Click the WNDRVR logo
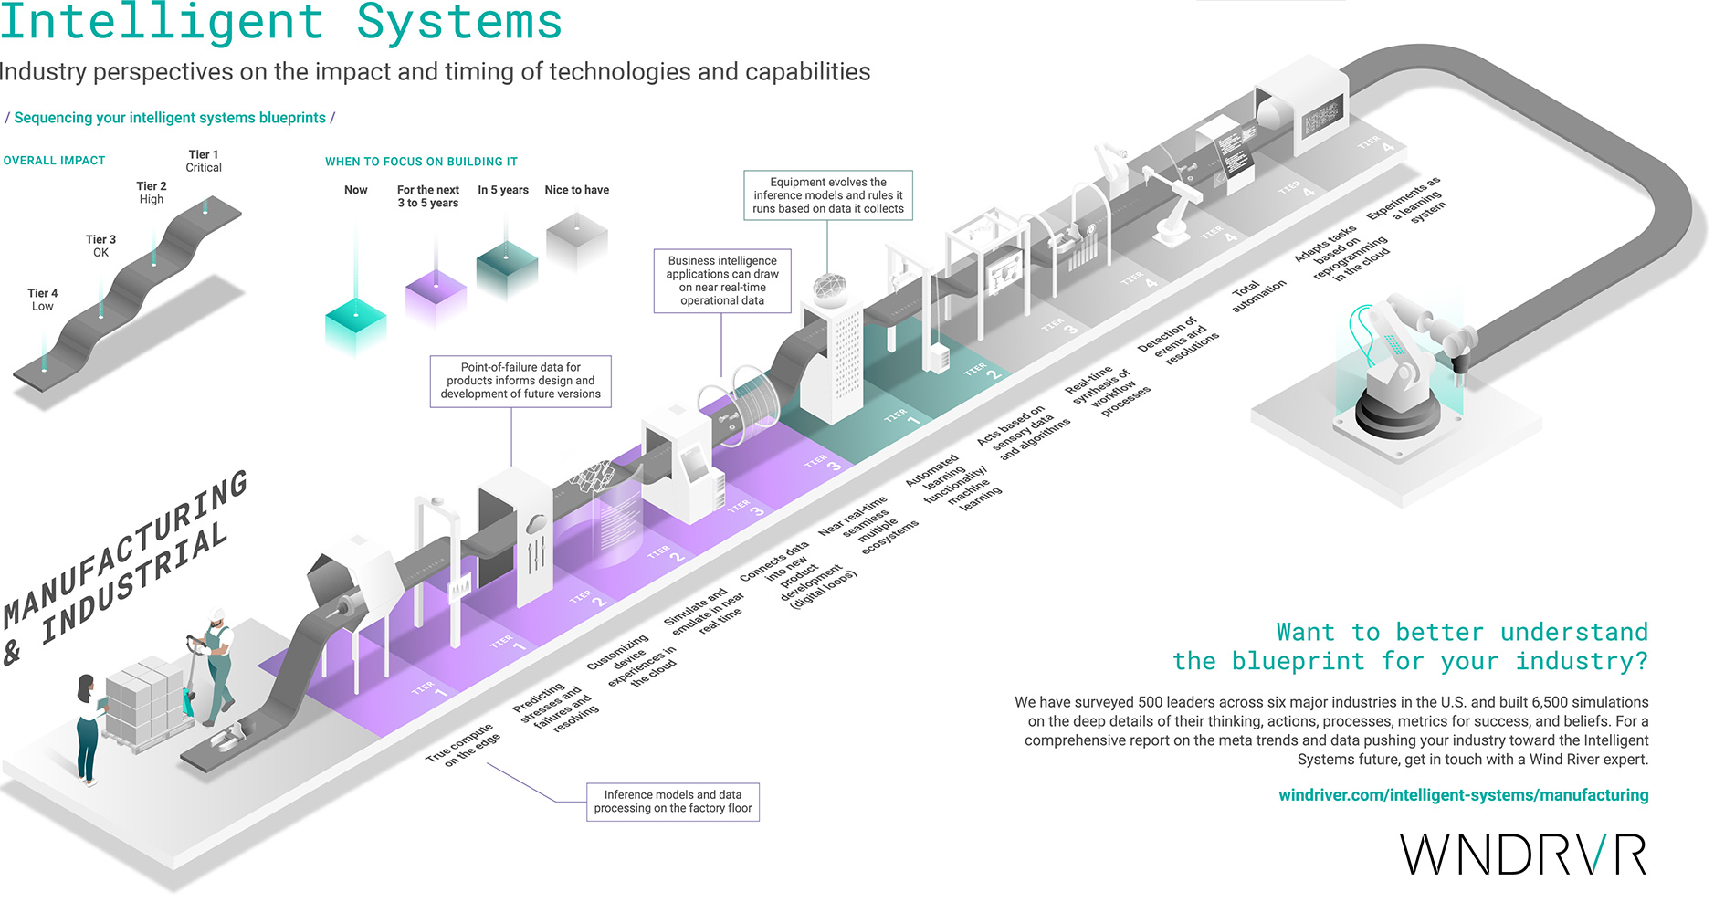1523,855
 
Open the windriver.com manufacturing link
1463,795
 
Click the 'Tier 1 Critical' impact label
204,161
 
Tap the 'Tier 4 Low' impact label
42,299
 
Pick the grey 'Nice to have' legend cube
577,242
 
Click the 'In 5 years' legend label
503,190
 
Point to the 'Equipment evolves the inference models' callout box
827,195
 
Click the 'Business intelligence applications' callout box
722,280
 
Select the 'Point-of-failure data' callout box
520,381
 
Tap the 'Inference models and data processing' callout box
673,802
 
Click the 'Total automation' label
1258,296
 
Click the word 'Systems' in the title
459,22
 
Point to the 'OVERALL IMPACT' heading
54,161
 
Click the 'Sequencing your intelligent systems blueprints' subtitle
170,118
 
